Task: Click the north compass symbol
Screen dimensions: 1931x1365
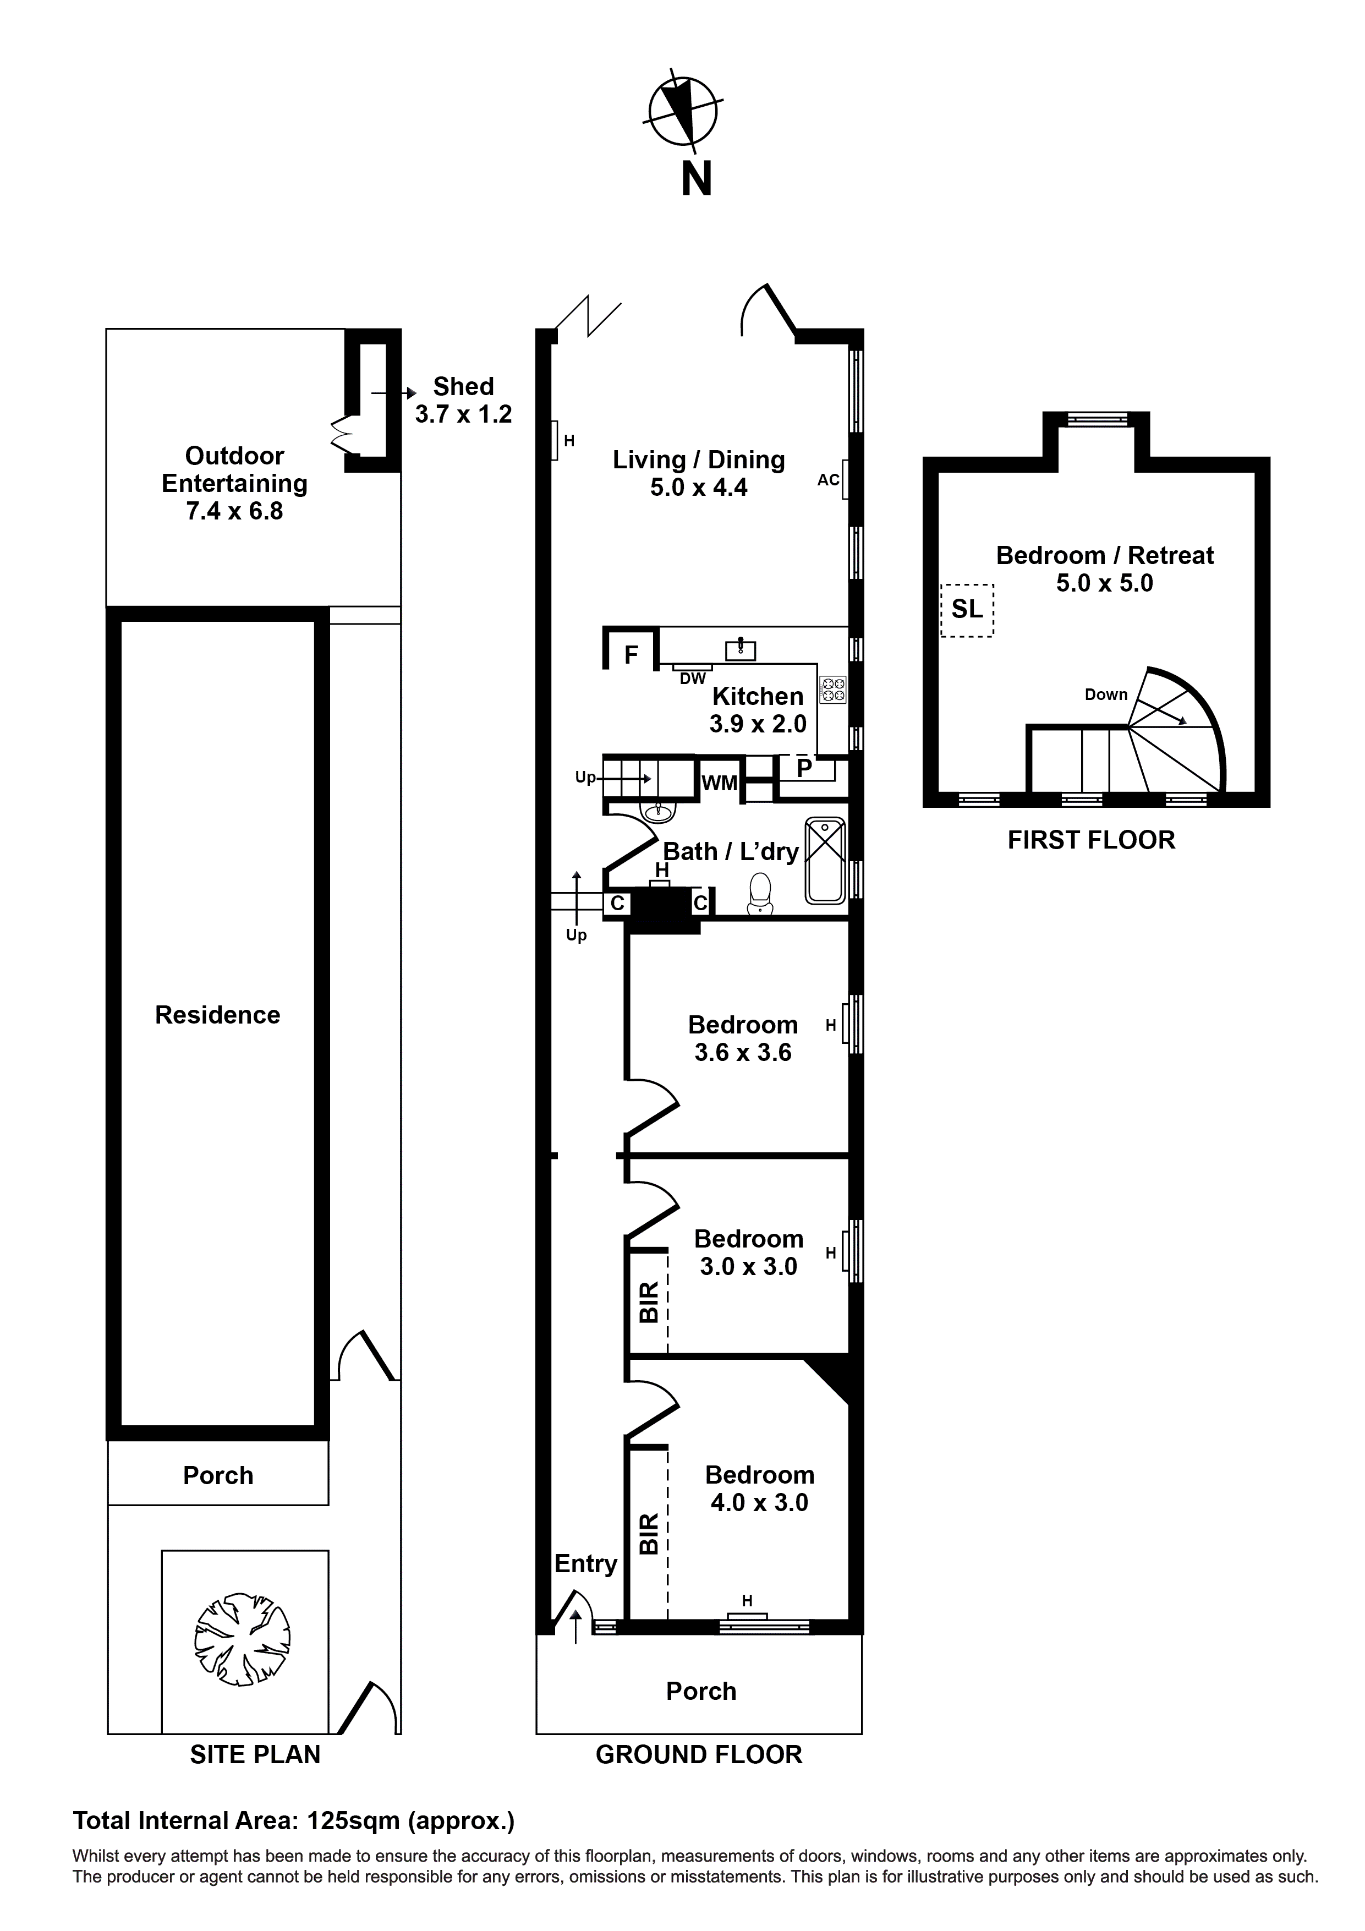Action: click(686, 110)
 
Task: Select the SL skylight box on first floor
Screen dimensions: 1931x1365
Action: click(967, 610)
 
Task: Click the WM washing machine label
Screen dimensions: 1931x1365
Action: click(719, 783)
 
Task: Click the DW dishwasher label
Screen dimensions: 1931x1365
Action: click(692, 678)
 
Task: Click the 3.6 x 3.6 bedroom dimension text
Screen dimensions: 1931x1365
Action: click(743, 1052)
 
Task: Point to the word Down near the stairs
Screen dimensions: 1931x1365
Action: click(1105, 694)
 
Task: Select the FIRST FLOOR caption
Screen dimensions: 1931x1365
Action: click(1091, 840)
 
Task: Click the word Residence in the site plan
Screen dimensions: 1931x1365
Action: click(217, 1015)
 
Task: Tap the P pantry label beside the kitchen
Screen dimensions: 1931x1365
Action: click(804, 768)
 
